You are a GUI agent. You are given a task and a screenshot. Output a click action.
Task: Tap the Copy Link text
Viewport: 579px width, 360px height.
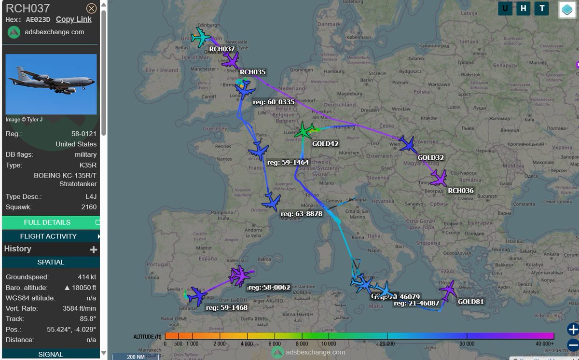click(x=73, y=19)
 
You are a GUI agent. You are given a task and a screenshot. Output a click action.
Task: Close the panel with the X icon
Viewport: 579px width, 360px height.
click(x=91, y=9)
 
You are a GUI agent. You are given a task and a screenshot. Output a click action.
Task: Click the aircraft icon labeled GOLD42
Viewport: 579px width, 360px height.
click(x=304, y=130)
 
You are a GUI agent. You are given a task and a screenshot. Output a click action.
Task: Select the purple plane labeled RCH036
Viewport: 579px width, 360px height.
click(x=439, y=178)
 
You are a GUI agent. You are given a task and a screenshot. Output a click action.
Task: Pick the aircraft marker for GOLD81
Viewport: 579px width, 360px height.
click(x=449, y=290)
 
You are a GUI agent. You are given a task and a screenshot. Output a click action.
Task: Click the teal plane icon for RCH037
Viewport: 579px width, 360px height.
click(x=201, y=37)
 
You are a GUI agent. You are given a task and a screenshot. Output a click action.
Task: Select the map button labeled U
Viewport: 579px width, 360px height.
click(x=505, y=8)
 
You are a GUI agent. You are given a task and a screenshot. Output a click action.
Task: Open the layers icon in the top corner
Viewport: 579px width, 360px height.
click(x=567, y=9)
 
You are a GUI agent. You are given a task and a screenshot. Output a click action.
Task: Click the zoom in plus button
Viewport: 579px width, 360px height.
click(x=573, y=330)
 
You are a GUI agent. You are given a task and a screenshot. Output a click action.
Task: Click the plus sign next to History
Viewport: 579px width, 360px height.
click(x=94, y=249)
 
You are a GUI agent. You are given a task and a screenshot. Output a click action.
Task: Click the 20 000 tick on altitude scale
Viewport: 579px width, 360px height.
click(x=387, y=336)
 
